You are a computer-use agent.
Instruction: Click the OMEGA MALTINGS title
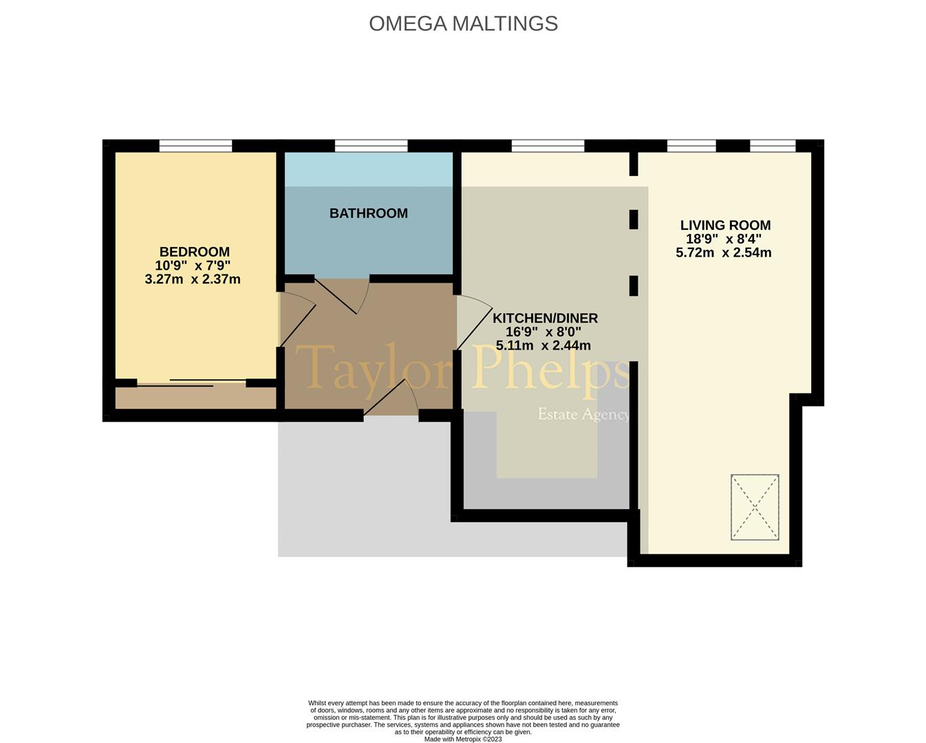463,23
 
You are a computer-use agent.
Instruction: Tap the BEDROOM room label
195,252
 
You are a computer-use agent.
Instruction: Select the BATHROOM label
368,213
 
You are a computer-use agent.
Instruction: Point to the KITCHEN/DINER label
545,319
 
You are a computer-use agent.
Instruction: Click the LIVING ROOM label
725,225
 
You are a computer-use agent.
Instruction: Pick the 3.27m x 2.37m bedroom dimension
193,279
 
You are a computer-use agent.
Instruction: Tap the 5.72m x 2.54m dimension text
723,252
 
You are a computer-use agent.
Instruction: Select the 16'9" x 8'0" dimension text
543,332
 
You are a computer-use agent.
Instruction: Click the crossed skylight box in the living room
755,507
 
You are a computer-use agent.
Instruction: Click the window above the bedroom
195,146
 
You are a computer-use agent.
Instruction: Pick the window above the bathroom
371,146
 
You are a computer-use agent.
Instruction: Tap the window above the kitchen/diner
548,146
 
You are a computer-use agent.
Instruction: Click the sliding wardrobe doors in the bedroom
191,383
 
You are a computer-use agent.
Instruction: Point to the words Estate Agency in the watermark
583,414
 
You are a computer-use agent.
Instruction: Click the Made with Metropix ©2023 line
463,739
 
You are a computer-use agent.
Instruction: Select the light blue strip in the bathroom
369,169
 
